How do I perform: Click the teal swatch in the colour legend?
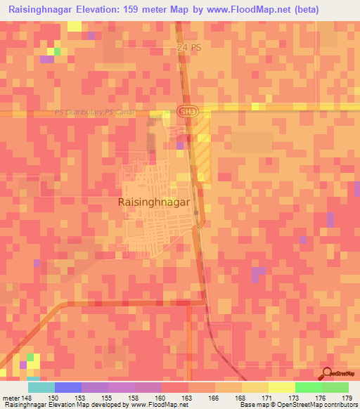tap(41, 387)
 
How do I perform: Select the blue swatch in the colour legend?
tap(68, 387)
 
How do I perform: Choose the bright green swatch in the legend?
tap(309, 387)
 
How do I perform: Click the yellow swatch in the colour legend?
tap(282, 387)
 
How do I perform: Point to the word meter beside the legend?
tap(10, 397)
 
